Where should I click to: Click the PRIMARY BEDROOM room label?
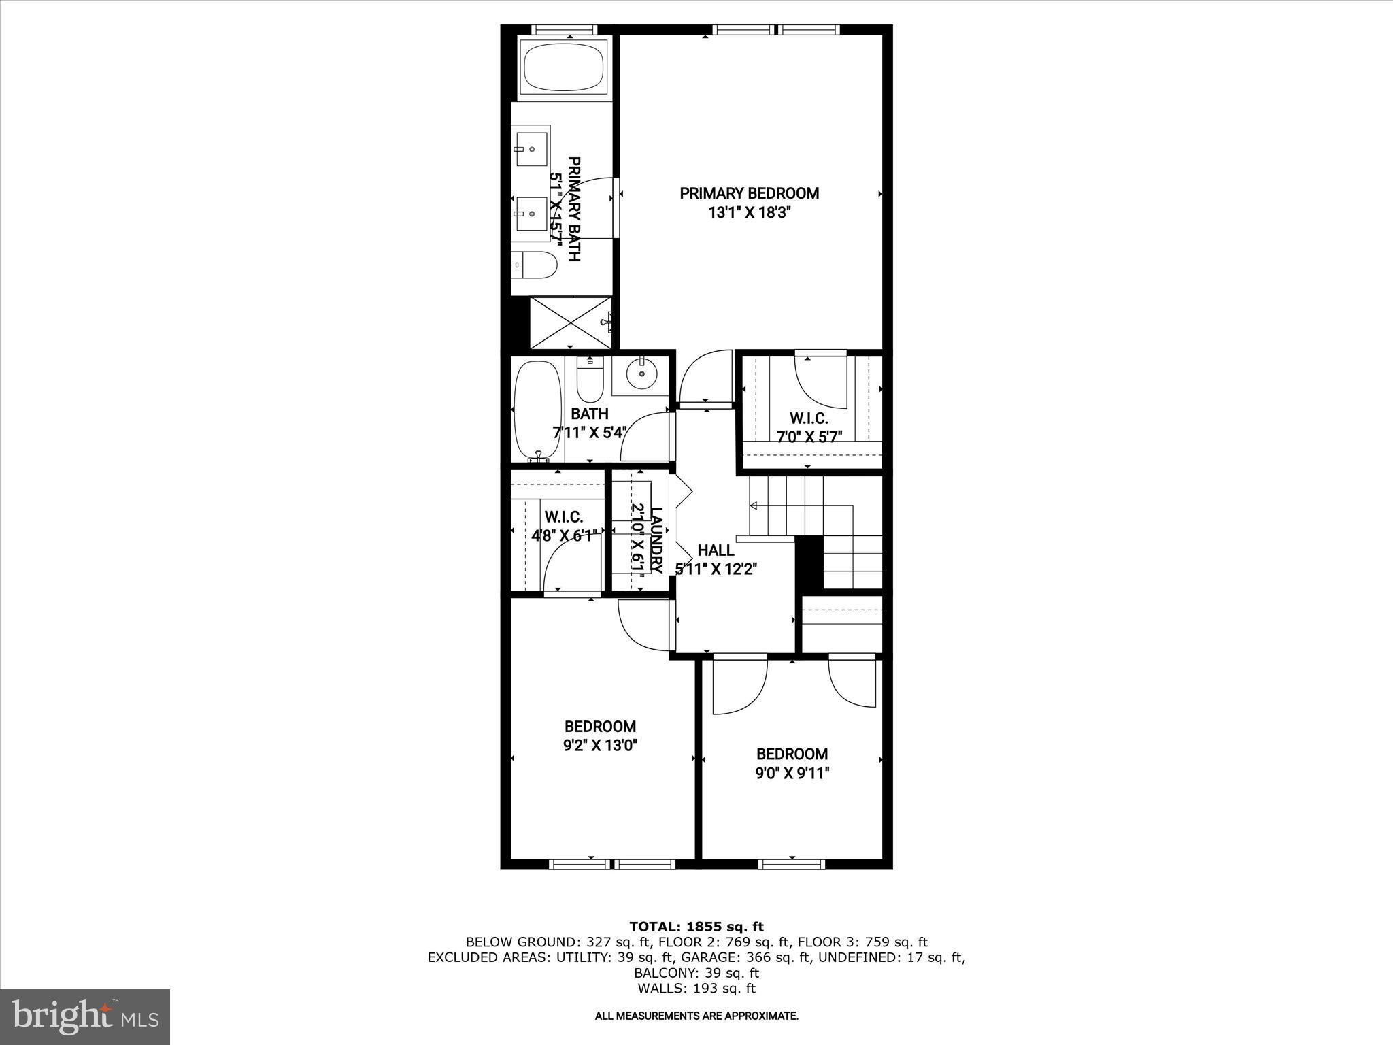749,193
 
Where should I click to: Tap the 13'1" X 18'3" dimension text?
749,213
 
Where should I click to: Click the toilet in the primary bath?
535,265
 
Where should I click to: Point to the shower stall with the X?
570,322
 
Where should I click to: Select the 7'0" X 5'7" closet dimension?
809,437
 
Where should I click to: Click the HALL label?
716,550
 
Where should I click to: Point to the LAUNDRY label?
656,540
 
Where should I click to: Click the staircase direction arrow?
754,505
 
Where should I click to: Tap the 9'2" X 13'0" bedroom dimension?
600,746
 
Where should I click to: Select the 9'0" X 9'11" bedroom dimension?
792,774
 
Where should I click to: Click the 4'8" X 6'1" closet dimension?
564,535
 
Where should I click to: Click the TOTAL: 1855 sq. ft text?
696,927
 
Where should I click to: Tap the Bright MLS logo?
85,1016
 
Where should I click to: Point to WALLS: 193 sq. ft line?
696,989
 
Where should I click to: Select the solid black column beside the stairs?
809,562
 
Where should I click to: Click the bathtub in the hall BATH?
538,410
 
